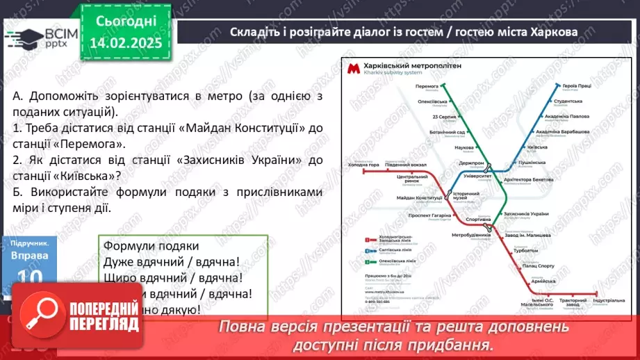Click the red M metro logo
click(x=353, y=68)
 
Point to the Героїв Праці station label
click(x=577, y=86)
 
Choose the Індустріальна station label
click(x=609, y=300)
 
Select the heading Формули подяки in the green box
click(x=151, y=246)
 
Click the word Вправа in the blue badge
click(x=30, y=256)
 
